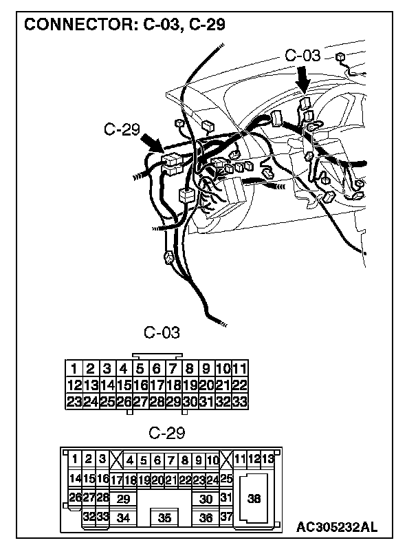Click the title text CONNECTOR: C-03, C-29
125,25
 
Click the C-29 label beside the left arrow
122,129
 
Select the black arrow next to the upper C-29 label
151,143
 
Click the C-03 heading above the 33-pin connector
162,333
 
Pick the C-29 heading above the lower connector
167,434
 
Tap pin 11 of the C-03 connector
240,369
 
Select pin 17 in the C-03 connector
157,385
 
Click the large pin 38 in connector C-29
254,500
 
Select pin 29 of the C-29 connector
123,499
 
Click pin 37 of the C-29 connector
227,517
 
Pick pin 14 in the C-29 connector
75,478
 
